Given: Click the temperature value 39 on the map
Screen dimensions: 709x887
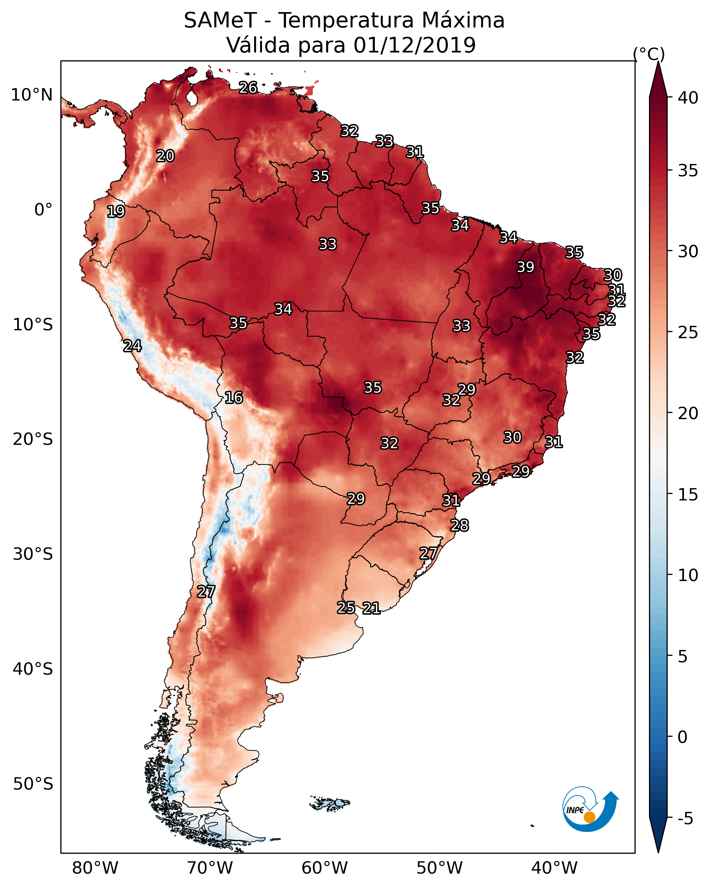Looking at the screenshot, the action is [525, 267].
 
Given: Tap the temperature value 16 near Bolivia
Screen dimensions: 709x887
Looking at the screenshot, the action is [234, 398].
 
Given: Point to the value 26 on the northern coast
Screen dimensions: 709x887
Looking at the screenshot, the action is [248, 87].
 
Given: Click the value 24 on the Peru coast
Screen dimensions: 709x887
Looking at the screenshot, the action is [132, 346].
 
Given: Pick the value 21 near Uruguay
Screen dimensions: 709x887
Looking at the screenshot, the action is [371, 608].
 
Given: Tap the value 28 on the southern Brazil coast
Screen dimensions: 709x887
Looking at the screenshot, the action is [460, 525].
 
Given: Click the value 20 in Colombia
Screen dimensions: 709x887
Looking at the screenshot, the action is [165, 156].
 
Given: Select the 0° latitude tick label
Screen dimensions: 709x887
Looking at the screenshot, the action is [44, 210].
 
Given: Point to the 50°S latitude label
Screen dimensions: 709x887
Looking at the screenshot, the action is [33, 784].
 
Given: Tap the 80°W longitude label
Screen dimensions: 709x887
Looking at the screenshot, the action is [95, 868].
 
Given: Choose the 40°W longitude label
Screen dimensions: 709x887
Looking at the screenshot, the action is [554, 868].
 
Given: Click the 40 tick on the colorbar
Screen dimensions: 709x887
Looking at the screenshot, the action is [688, 98].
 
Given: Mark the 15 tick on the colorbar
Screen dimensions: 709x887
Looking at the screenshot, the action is [688, 495].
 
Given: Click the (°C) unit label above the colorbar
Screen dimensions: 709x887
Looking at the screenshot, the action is [649, 54].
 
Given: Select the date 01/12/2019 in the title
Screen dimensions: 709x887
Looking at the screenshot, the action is [414, 45].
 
